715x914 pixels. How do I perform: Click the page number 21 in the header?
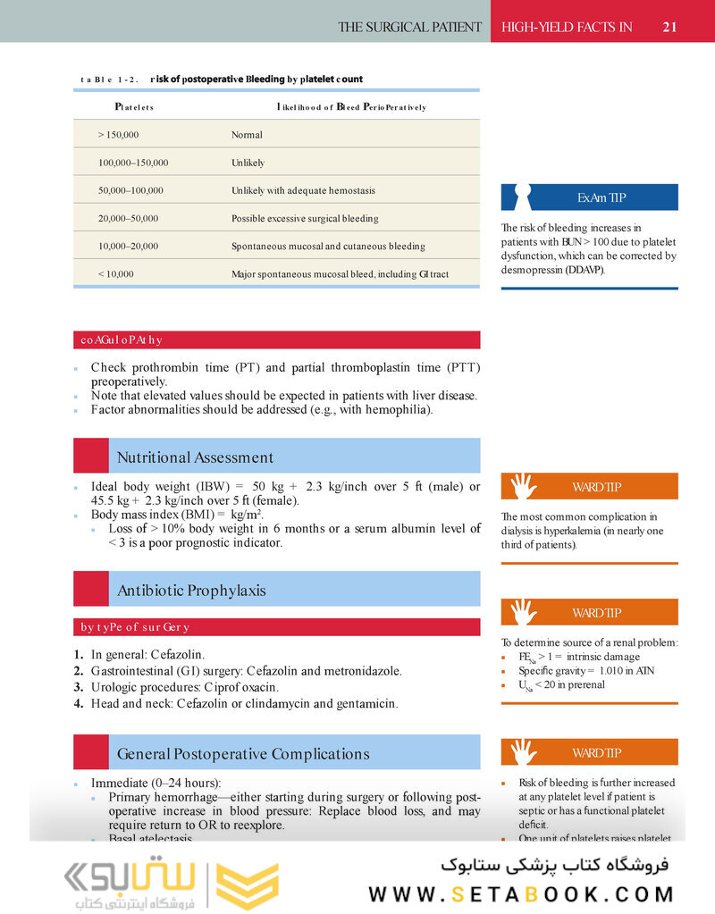(x=669, y=27)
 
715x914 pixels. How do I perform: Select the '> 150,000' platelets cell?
(x=118, y=135)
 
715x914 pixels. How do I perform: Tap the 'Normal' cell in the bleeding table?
(x=247, y=135)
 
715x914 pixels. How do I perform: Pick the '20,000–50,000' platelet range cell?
(x=128, y=218)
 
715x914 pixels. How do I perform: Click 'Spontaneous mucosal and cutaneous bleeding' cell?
(x=328, y=246)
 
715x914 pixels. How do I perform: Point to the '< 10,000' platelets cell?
(x=116, y=274)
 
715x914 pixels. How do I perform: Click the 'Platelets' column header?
(x=134, y=107)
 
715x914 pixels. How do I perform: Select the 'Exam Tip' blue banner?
(x=590, y=197)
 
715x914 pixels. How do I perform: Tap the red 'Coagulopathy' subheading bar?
(x=276, y=340)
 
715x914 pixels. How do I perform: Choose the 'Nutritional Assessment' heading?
(x=195, y=457)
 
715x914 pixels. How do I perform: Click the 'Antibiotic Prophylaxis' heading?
(x=191, y=591)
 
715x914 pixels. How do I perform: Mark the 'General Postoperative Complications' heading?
(x=242, y=754)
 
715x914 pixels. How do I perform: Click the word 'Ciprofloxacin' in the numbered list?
(x=246, y=687)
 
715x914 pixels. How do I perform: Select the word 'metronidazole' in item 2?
(x=363, y=671)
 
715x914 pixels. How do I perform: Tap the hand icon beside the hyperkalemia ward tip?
(x=523, y=486)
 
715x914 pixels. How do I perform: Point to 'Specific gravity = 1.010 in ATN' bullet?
(x=578, y=670)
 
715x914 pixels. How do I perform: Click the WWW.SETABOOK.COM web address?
(x=521, y=894)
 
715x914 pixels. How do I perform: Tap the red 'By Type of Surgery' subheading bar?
(x=276, y=627)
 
